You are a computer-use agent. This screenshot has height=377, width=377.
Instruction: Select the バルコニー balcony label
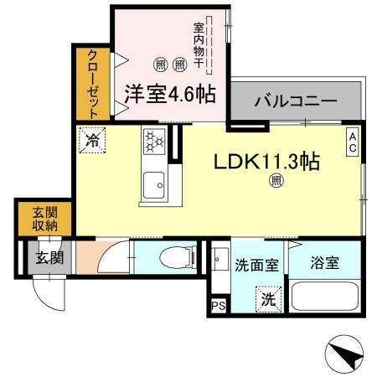click(x=296, y=101)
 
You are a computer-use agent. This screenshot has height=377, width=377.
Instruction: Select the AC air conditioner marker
click(x=354, y=140)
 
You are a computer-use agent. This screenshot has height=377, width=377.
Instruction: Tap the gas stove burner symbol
click(x=153, y=142)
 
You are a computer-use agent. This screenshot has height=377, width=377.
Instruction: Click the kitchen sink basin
click(x=152, y=185)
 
